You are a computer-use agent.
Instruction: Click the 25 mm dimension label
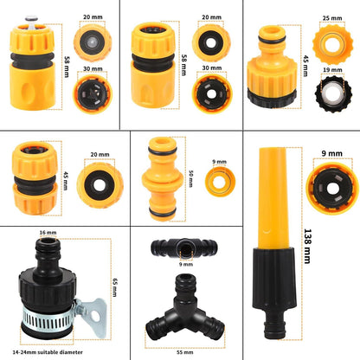click(x=332, y=18)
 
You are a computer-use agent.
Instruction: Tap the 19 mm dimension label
click(x=332, y=70)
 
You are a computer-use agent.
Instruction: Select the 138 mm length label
click(x=307, y=246)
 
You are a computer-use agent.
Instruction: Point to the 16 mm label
click(x=48, y=233)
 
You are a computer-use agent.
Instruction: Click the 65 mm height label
click(x=114, y=287)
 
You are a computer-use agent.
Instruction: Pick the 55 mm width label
click(x=185, y=352)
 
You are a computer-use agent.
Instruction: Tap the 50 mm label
click(x=190, y=178)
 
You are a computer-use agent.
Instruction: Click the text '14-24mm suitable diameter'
click(x=48, y=352)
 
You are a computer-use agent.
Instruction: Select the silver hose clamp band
click(x=48, y=318)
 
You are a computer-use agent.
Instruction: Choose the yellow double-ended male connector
click(x=163, y=179)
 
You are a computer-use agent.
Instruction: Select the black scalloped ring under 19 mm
click(x=332, y=93)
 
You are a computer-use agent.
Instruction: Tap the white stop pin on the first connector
click(x=31, y=22)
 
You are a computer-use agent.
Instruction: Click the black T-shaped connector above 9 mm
click(x=184, y=247)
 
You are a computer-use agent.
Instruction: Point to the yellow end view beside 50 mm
click(x=221, y=182)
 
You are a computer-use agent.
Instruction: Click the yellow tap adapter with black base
click(x=272, y=67)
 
